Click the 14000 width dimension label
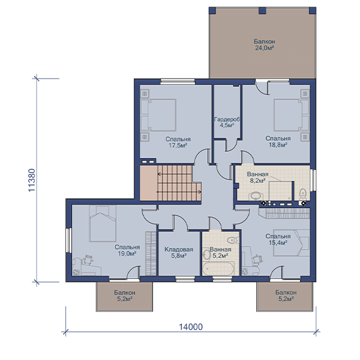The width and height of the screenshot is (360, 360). pyautogui.click(x=191, y=326)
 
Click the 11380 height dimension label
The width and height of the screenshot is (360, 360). pyautogui.click(x=32, y=180)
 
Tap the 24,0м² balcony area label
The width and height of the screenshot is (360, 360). pyautogui.click(x=265, y=48)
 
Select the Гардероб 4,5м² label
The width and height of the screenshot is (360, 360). pyautogui.click(x=227, y=122)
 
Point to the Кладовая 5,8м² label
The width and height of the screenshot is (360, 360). pyautogui.click(x=179, y=253)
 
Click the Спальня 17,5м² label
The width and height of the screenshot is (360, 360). pyautogui.click(x=178, y=142)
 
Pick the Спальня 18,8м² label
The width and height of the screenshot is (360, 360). pyautogui.click(x=278, y=142)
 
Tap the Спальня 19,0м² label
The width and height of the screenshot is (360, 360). pyautogui.click(x=127, y=250)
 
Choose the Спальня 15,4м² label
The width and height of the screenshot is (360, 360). pyautogui.click(x=278, y=239)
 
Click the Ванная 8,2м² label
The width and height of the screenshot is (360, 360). pyautogui.click(x=257, y=177)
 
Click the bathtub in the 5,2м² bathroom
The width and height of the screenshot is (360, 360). pyautogui.click(x=218, y=268)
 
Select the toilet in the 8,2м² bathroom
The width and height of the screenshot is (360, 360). pyautogui.click(x=303, y=194)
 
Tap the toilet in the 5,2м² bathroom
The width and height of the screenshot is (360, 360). pyautogui.click(x=232, y=240)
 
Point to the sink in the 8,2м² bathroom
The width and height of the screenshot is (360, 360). pyautogui.click(x=255, y=196)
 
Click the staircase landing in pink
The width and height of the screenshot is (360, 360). pyautogui.click(x=149, y=183)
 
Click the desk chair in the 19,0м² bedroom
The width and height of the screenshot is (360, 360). pyautogui.click(x=88, y=260)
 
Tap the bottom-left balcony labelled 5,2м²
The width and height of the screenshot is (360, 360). pyautogui.click(x=124, y=296)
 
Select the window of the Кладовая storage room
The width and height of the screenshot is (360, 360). pyautogui.click(x=185, y=279)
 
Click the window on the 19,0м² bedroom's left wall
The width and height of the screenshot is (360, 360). pyautogui.click(x=68, y=240)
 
